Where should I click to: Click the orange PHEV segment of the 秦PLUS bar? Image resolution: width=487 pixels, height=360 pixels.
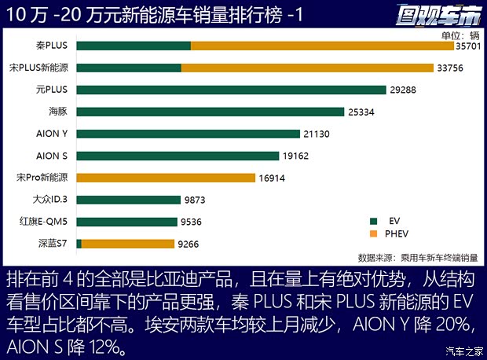click(322, 46)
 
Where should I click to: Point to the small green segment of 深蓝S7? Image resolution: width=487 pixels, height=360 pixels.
click(79, 244)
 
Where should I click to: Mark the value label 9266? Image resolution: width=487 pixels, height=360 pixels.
click(189, 244)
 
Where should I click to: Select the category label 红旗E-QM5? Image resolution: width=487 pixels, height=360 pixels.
click(48, 222)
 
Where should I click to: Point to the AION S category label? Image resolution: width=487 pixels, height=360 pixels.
click(53, 156)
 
